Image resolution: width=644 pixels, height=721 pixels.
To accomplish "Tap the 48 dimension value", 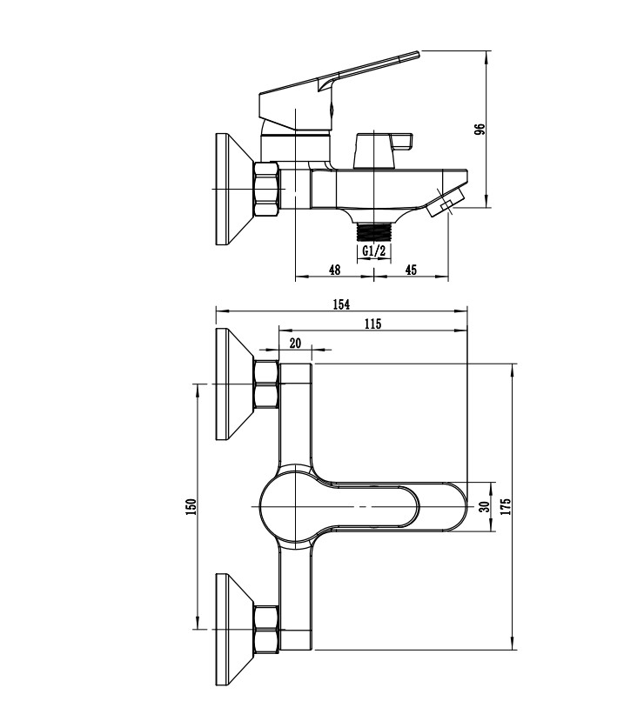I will [x=334, y=270].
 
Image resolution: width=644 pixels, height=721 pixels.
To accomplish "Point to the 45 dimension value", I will [x=411, y=270].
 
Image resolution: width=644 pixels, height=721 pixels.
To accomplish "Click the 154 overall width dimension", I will [x=341, y=304].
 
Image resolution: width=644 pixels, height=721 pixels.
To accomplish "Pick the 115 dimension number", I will [x=372, y=324].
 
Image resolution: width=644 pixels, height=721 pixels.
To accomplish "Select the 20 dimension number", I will [x=295, y=344].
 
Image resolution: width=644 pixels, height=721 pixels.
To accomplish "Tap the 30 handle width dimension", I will [x=480, y=504].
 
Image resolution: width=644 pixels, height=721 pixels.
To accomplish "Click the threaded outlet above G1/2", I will [x=374, y=231].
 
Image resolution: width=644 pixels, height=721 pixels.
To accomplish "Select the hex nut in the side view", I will [x=266, y=189].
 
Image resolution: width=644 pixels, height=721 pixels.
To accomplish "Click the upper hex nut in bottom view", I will [x=265, y=385].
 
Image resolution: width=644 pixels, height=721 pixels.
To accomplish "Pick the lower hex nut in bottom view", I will [x=265, y=628].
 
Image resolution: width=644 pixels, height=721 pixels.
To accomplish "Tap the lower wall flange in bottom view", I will [x=231, y=628].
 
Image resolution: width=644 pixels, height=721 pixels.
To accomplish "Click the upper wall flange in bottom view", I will [x=231, y=385].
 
